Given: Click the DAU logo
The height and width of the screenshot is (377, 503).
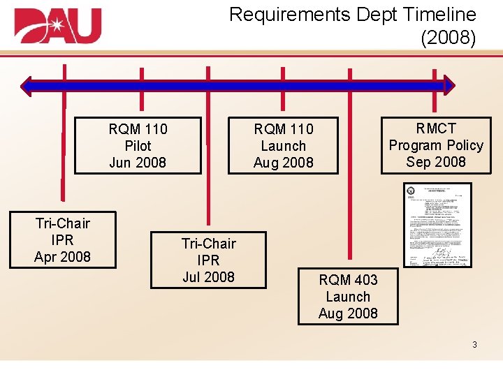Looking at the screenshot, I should coord(57,26).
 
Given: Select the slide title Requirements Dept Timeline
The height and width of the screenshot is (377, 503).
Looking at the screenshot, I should coord(352,14).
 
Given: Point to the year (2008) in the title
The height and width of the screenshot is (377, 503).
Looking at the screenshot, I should coord(448,37).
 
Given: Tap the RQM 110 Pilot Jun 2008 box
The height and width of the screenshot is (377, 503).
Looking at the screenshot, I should coord(138,145).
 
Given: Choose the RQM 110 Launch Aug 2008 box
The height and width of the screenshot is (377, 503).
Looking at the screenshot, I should coord(284,145).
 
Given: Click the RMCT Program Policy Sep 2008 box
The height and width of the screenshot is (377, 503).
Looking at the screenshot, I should coord(436,145).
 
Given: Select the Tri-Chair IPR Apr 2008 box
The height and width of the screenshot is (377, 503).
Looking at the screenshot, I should coord(63,240).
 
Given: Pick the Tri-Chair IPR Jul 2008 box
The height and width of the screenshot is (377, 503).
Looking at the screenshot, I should coord(208,260).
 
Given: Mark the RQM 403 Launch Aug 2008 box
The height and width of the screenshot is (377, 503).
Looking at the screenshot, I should coord(348,297).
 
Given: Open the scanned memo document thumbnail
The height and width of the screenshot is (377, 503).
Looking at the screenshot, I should coord(437,225).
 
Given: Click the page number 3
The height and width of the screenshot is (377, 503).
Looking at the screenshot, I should coord(474,345).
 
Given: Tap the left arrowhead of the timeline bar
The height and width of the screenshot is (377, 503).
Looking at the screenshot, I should coord(27,86).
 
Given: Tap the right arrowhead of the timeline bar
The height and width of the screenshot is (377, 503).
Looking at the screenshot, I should coord(449,86).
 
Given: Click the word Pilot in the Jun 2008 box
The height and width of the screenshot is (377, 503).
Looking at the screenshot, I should coord(138,146).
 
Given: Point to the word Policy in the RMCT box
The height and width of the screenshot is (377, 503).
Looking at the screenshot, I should coord(463,145).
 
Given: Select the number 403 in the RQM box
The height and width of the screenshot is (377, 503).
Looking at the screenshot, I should coord(365,280).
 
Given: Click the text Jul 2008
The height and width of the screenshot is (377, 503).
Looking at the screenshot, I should coord(208,277).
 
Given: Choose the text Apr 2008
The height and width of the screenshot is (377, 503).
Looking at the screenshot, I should coord(63,257).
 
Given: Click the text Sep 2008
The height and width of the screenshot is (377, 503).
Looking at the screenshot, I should coord(436,162).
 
